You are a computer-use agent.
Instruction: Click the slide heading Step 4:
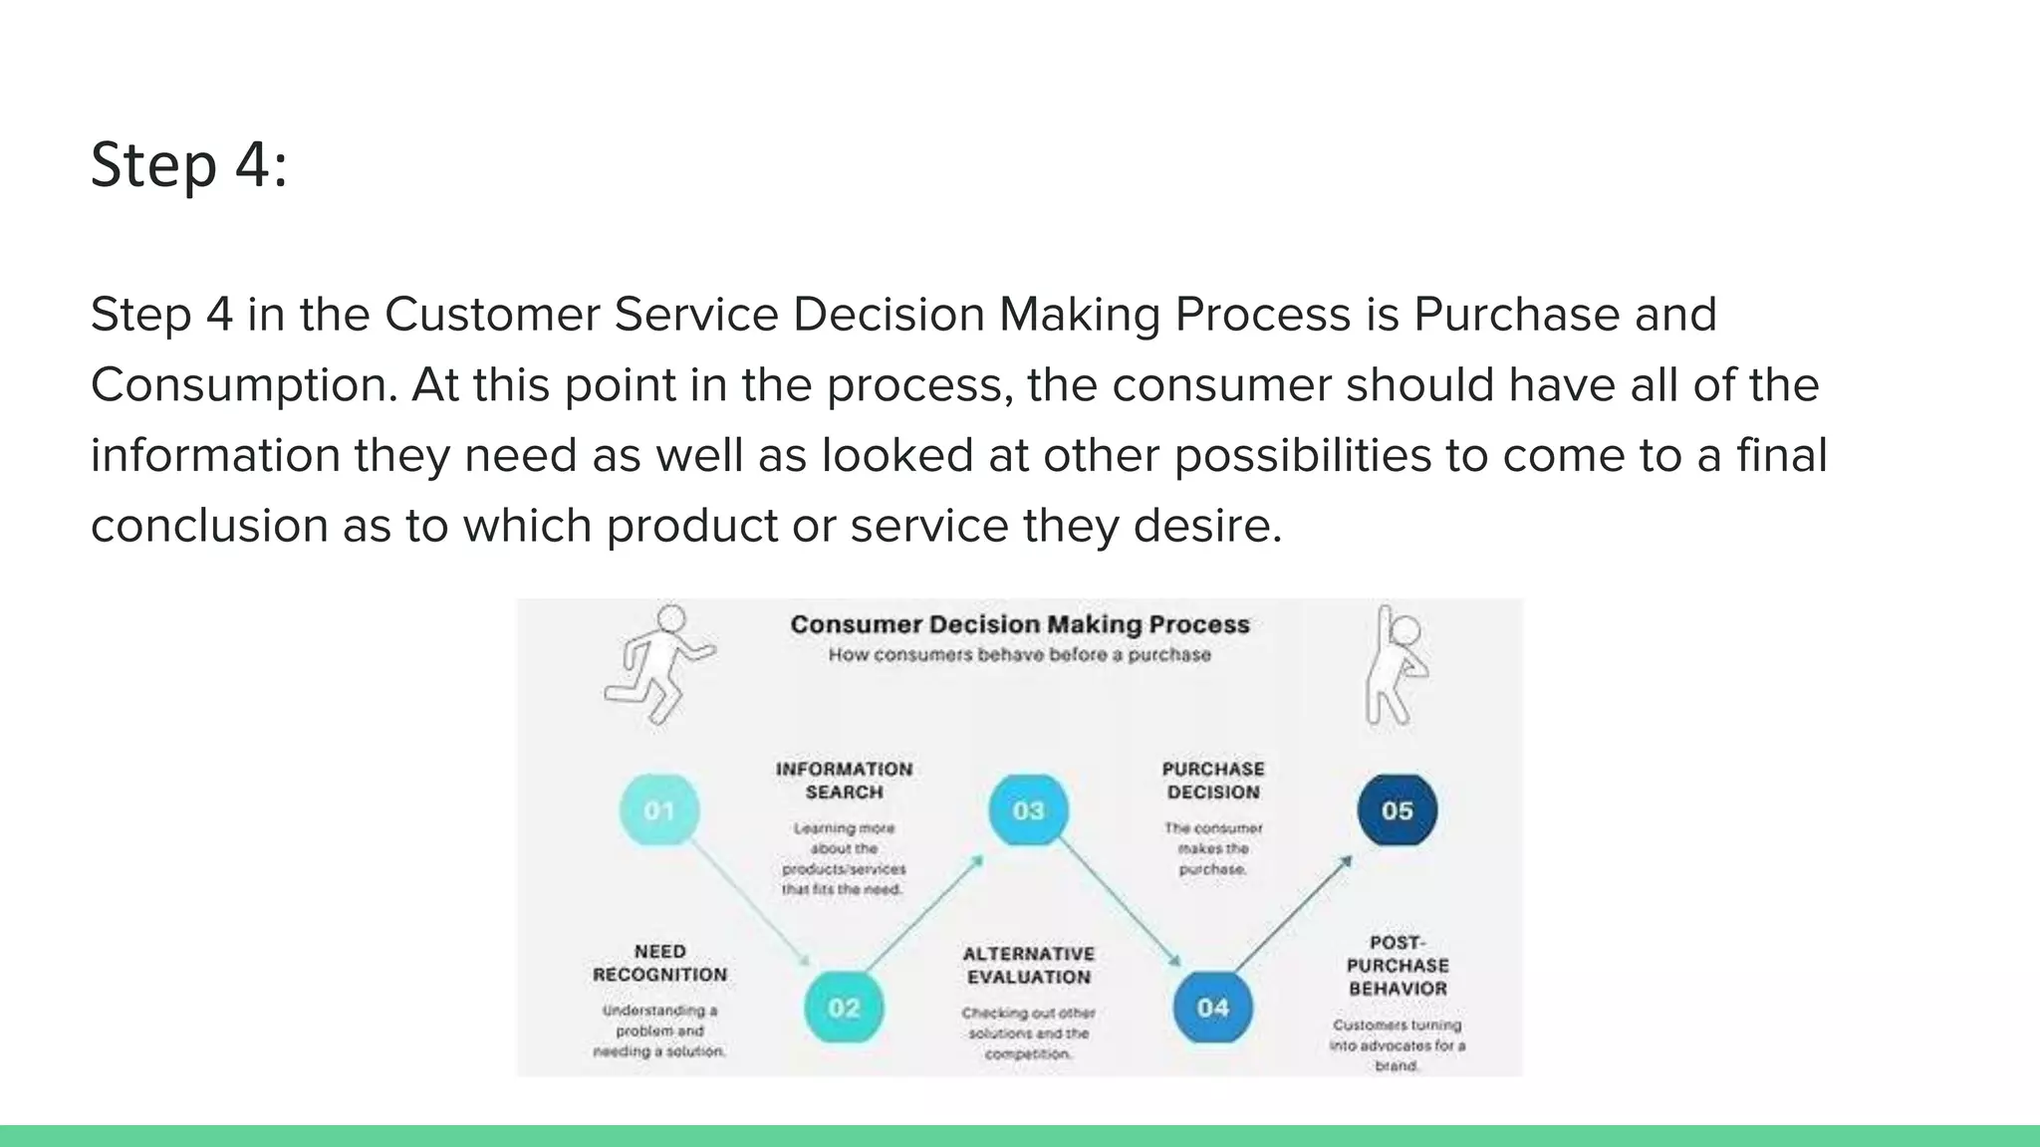tap(189, 164)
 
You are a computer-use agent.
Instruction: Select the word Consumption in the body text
tap(243, 386)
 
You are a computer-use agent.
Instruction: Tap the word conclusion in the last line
tap(209, 526)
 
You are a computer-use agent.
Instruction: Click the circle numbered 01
tap(659, 810)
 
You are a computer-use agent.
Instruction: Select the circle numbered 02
tap(844, 1008)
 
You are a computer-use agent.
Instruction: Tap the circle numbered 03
tap(1028, 810)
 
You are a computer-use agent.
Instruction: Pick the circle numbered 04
tap(1212, 1008)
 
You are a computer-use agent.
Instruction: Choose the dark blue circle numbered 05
tap(1397, 810)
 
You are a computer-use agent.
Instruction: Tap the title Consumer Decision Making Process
tap(1020, 624)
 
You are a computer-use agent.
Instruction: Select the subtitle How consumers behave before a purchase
tap(1020, 655)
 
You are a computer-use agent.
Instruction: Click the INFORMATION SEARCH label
tap(844, 781)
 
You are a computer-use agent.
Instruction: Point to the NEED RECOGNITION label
tap(659, 963)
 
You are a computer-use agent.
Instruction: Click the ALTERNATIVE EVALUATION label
tap(1028, 965)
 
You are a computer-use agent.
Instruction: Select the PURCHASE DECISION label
tap(1212, 781)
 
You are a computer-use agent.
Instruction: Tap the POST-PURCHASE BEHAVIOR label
tap(1397, 965)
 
